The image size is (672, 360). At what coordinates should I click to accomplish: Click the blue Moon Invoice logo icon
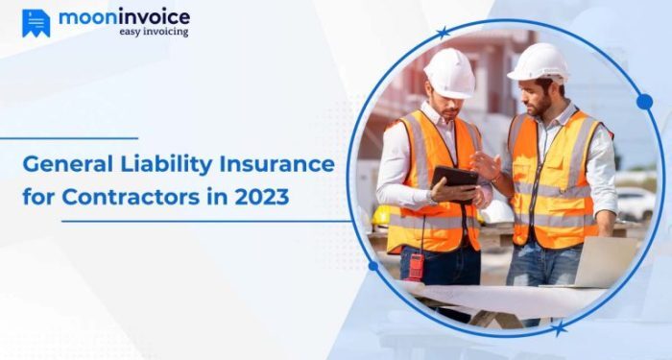click(36, 23)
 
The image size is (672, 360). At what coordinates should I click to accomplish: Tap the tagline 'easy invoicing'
click(154, 32)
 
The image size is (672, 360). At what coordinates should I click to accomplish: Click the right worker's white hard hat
click(538, 63)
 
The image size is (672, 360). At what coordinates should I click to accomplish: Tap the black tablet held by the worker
click(455, 178)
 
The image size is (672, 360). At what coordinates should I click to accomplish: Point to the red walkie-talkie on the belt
click(417, 266)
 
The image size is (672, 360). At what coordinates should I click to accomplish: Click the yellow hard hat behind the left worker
click(383, 215)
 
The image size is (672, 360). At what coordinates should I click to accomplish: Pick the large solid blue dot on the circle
click(644, 102)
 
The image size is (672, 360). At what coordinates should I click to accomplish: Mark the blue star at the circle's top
click(442, 34)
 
